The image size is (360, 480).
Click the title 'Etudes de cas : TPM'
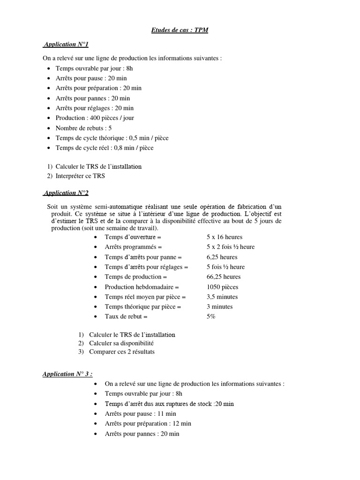pyautogui.click(x=180, y=30)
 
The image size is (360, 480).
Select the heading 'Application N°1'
pyautogui.click(x=66, y=45)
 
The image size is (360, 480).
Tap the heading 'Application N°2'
pyautogui.click(x=66, y=193)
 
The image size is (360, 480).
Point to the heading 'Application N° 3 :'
pyautogui.click(x=67, y=374)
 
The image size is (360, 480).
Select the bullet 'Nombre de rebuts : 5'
pyautogui.click(x=83, y=128)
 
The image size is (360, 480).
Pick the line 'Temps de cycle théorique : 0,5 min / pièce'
pyautogui.click(x=112, y=138)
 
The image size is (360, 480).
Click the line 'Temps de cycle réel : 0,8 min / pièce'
pyautogui.click(x=104, y=148)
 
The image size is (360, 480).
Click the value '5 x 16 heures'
pyautogui.click(x=224, y=237)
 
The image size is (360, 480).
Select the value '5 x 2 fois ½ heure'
pyautogui.click(x=230, y=247)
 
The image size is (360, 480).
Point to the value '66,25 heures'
pyautogui.click(x=223, y=277)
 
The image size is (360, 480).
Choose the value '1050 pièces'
pyautogui.click(x=222, y=287)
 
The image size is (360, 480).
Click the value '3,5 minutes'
pyautogui.click(x=222, y=297)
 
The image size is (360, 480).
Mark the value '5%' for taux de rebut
pyautogui.click(x=210, y=317)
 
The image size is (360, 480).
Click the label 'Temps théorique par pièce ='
pyautogui.click(x=143, y=307)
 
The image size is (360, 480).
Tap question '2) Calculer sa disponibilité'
pyautogui.click(x=116, y=344)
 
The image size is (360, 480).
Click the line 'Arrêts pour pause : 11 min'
pyautogui.click(x=140, y=414)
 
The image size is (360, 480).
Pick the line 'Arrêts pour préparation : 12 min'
pyautogui.click(x=148, y=424)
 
